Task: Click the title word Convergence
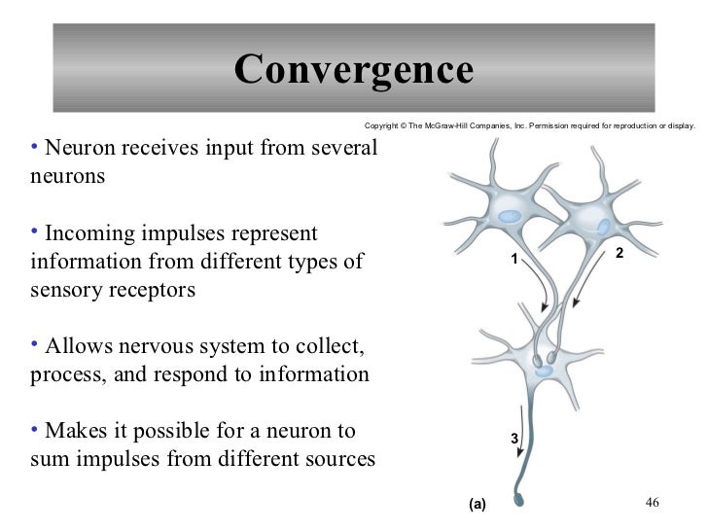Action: (x=353, y=69)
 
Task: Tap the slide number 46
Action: (x=653, y=502)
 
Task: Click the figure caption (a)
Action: (x=477, y=504)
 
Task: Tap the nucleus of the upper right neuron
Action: (x=604, y=228)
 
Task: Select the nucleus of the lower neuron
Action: (x=544, y=371)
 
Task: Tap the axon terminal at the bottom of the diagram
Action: (x=518, y=502)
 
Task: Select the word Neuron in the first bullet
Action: (x=76, y=149)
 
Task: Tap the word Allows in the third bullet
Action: (x=75, y=347)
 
